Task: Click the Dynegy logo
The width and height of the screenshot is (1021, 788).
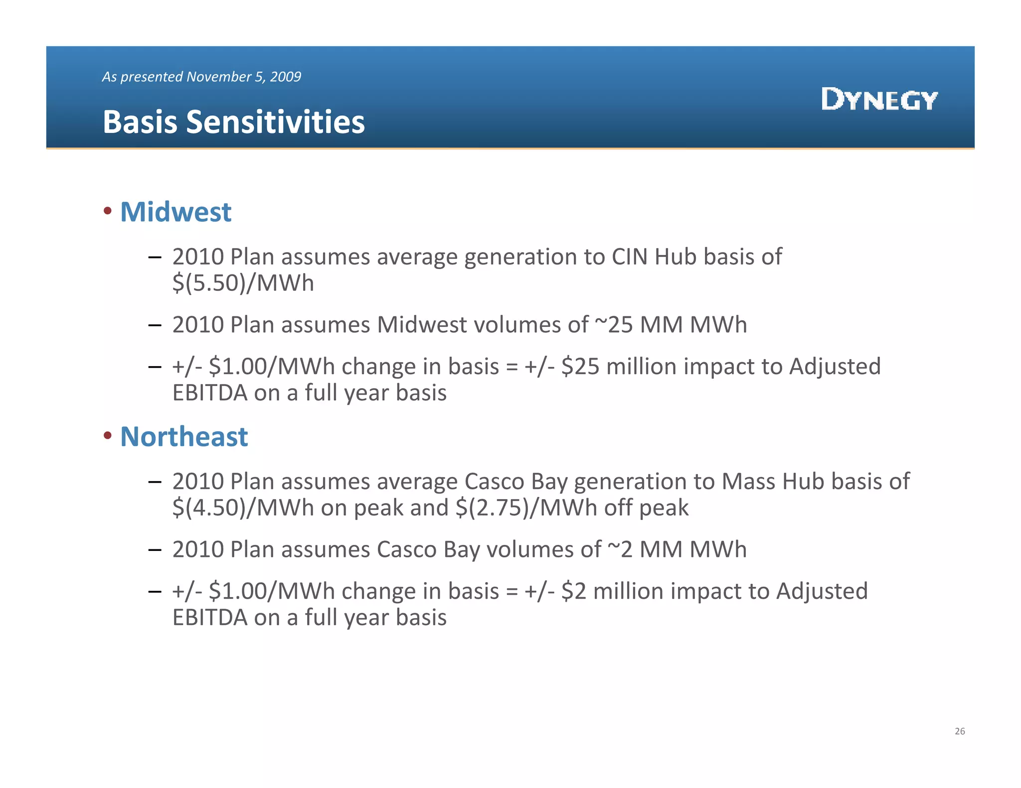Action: point(879,99)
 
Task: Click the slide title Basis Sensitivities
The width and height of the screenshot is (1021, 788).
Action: point(233,122)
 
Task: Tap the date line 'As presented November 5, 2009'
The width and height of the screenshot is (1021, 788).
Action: point(201,77)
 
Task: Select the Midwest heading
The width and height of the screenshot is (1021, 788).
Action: point(175,212)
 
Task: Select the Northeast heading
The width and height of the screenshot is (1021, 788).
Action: point(184,436)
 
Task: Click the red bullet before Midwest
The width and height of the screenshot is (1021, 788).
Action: point(107,211)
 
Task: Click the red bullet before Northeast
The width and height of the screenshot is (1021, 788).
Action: point(107,436)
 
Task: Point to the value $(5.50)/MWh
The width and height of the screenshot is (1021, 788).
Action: point(243,283)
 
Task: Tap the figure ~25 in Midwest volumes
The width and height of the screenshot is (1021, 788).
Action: point(614,325)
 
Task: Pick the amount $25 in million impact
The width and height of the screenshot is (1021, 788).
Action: point(580,367)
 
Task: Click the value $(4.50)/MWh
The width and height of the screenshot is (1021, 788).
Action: point(243,508)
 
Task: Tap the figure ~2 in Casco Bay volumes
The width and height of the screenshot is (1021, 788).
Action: point(620,549)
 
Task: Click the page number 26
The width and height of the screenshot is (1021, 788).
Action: point(960,731)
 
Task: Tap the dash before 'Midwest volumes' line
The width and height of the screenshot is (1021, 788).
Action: point(155,325)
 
